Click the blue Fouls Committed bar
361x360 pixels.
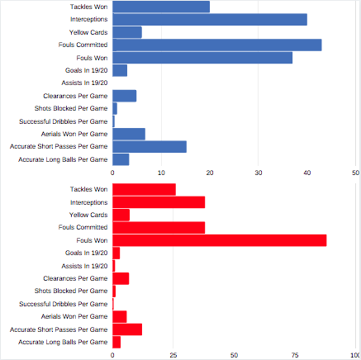pos(217,45)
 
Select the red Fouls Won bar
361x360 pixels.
pos(220,240)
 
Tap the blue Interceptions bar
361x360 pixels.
pos(210,20)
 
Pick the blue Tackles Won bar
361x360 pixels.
pos(161,7)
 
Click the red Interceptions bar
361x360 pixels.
pos(159,202)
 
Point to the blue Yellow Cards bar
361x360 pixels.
pos(127,32)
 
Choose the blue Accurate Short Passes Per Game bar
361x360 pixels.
pos(150,147)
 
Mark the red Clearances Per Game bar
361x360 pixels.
pos(121,278)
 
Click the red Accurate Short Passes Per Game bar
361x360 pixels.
pos(127,329)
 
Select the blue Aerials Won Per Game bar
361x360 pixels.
pos(129,134)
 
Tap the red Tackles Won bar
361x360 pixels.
pos(144,190)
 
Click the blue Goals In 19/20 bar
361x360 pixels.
pos(120,70)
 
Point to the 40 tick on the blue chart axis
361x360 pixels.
pos(307,173)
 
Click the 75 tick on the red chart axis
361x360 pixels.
pos(295,355)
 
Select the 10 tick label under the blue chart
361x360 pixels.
pos(161,173)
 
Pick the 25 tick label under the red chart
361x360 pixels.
pos(173,355)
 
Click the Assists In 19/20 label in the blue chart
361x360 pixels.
pos(84,83)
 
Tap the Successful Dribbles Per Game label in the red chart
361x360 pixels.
pos(64,304)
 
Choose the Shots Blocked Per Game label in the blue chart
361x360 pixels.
pos(71,108)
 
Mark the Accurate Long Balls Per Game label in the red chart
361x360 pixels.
pos(63,342)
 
